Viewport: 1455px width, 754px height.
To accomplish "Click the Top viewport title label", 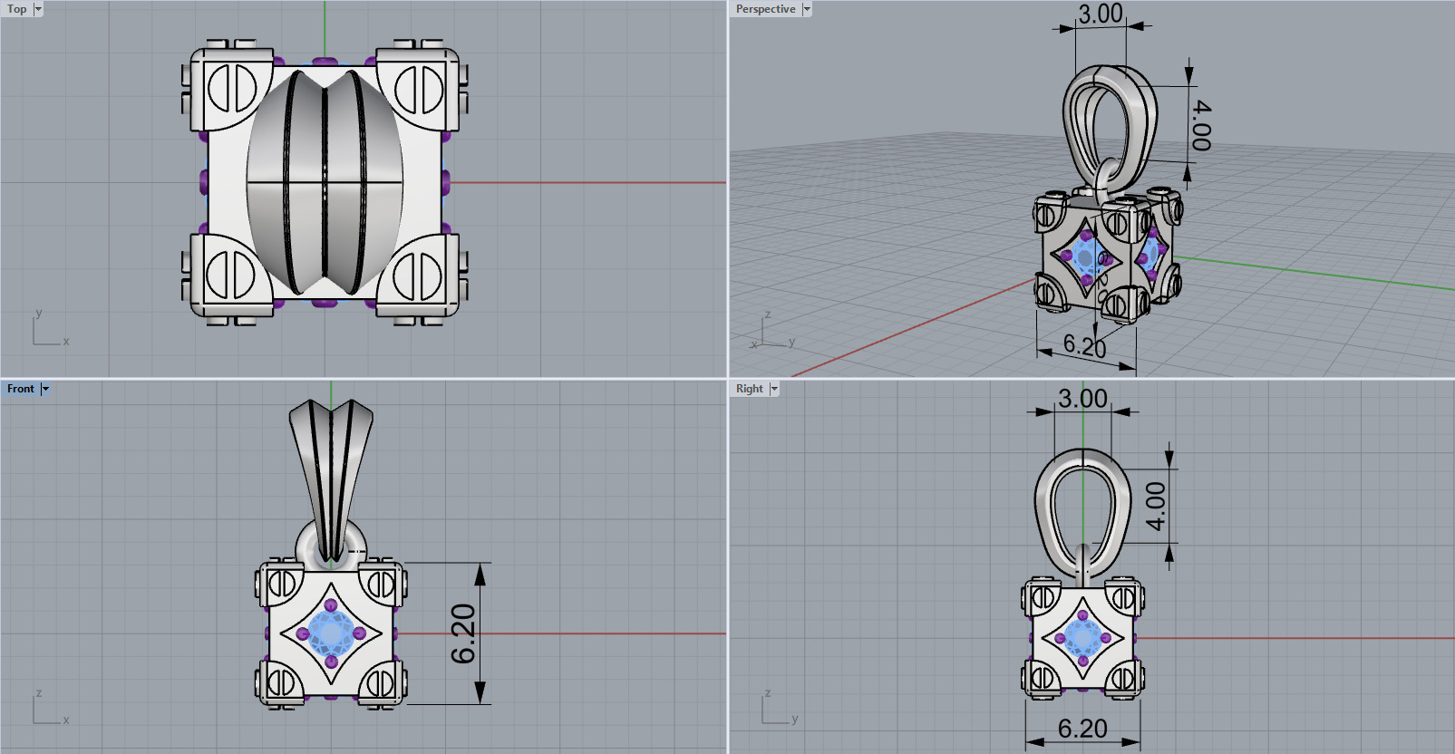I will [16, 9].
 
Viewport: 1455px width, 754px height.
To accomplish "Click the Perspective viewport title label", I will [764, 9].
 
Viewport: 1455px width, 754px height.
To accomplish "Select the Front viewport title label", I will [20, 389].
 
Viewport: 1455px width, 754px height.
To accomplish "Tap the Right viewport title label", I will [749, 389].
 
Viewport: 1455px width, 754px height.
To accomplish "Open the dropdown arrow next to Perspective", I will [807, 9].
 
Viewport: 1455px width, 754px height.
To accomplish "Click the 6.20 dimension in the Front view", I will [463, 633].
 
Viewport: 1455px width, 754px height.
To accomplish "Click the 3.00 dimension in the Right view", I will [1082, 399].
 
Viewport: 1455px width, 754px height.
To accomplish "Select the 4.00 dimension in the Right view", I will [1155, 506].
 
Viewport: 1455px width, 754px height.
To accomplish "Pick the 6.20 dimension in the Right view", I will [1082, 729].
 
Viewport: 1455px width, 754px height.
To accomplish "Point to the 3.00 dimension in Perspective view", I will [1101, 14].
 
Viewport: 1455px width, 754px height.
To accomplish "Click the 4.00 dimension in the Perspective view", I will [1200, 125].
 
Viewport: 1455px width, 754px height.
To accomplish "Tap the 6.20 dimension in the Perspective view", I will [1085, 345].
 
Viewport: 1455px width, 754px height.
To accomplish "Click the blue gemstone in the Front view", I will [331, 633].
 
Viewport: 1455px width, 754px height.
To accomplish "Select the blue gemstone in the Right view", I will [1082, 637].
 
